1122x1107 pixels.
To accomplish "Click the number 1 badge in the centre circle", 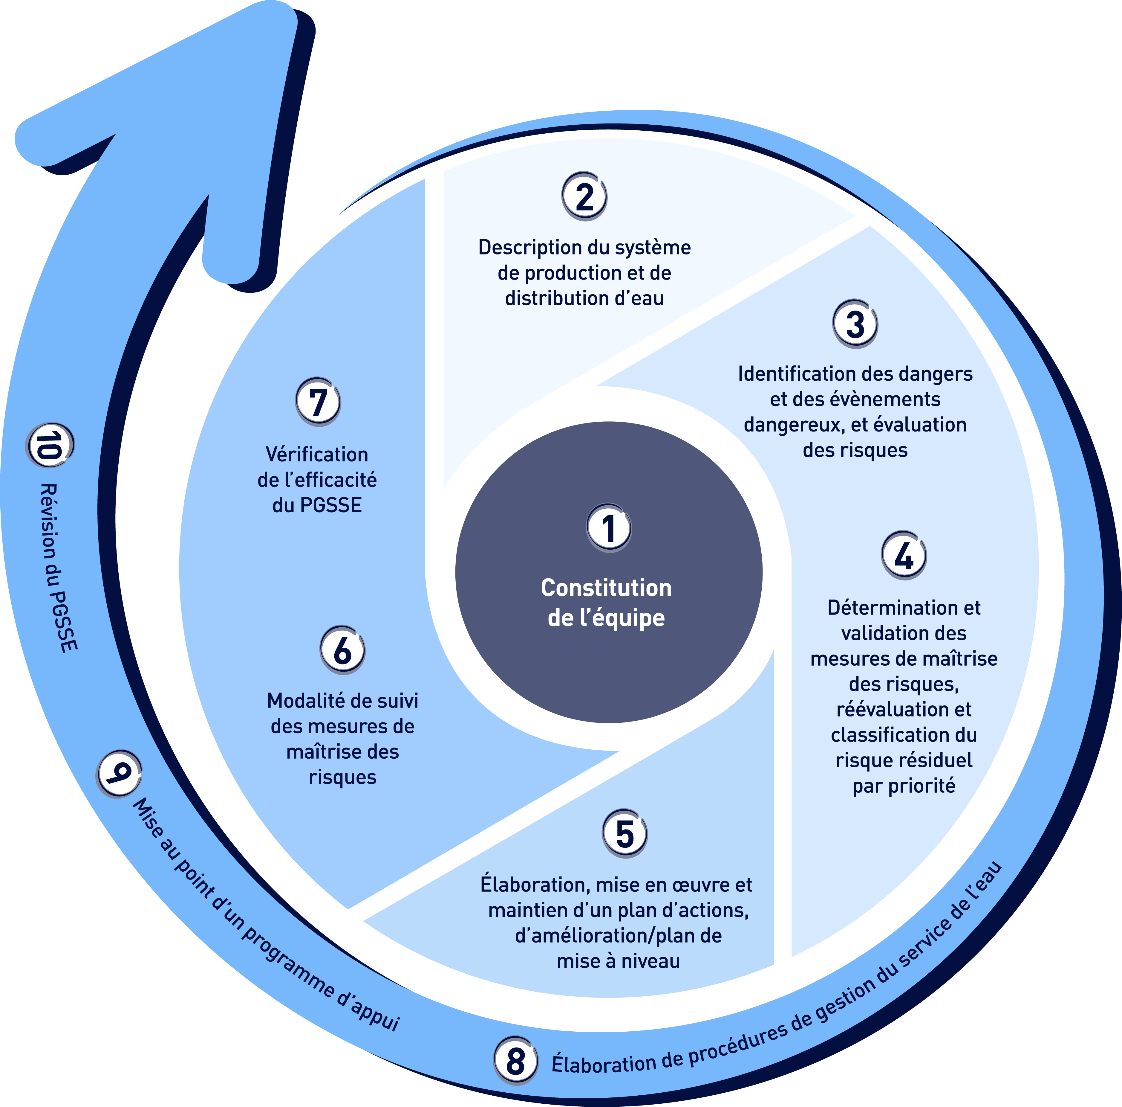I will tap(608, 528).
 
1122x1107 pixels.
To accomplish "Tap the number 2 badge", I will tap(584, 196).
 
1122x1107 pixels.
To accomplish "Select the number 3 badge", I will tap(855, 324).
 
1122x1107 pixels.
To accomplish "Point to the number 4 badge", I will tap(904, 555).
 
